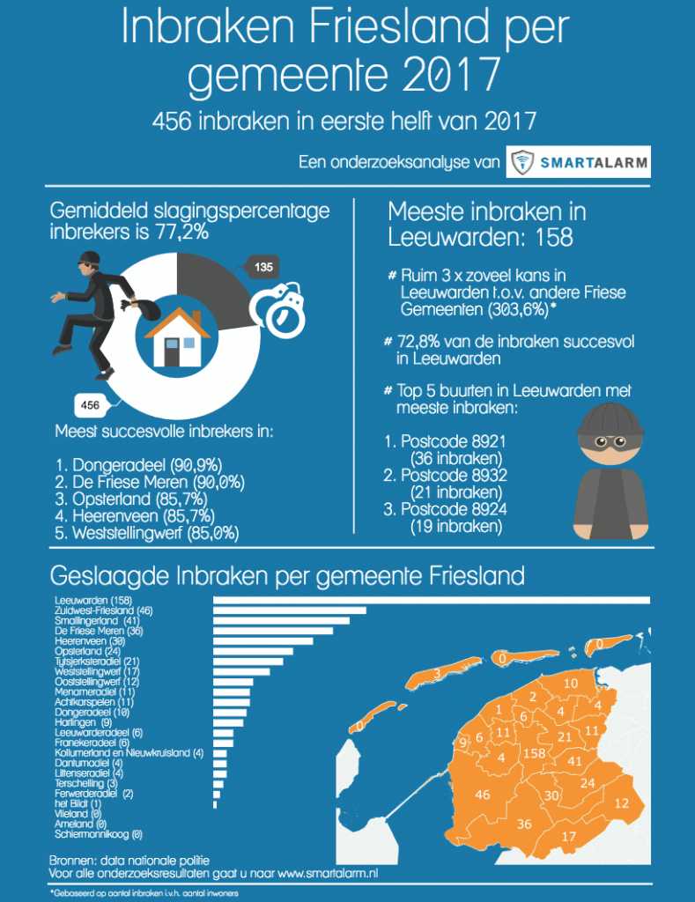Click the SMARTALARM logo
[x=579, y=162]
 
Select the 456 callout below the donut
[x=90, y=406]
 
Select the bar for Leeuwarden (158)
[x=432, y=601]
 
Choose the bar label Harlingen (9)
[x=83, y=722]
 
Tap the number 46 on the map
[x=482, y=795]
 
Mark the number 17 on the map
[x=568, y=836]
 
